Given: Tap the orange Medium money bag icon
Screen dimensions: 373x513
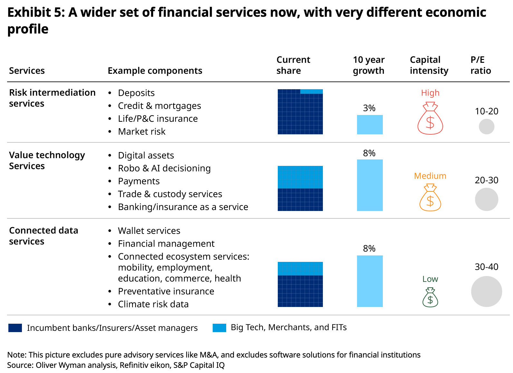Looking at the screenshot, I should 430,198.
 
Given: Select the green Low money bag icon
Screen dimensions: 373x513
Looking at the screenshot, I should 430,297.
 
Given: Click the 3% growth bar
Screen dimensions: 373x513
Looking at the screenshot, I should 370,125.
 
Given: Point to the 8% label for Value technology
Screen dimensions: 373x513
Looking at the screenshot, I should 369,153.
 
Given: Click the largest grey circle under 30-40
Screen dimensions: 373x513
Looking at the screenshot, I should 486,291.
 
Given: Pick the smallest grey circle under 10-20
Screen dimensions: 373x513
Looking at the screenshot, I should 486,127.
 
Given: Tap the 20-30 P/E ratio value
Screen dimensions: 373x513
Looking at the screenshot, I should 486,180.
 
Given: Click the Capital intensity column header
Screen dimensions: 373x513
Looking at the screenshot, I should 429,65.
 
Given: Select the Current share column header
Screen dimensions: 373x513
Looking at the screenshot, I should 293,65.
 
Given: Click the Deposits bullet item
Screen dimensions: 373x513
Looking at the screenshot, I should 136,93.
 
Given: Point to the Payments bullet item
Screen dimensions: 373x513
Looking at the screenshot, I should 139,181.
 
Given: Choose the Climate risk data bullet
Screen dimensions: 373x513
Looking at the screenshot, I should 153,304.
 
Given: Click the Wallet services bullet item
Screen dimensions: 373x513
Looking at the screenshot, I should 149,231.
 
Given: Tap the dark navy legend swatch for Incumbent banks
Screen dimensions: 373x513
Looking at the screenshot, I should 15,328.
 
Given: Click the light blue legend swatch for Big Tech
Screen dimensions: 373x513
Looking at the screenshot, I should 219,328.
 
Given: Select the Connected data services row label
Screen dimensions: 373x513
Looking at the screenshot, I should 44,236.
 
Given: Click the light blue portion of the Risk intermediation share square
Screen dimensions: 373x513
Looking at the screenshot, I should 311,91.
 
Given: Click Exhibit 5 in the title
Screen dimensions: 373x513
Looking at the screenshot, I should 34,13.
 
